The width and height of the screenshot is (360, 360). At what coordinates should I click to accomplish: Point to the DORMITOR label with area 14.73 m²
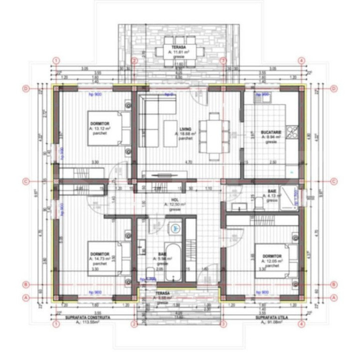pyautogui.click(x=97, y=254)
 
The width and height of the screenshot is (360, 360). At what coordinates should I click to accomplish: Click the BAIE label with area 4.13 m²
pyautogui.click(x=271, y=191)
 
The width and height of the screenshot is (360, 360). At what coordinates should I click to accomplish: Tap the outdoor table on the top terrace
pyautogui.click(x=180, y=52)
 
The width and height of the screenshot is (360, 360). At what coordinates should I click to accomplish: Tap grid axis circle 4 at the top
pyautogui.click(x=301, y=60)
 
